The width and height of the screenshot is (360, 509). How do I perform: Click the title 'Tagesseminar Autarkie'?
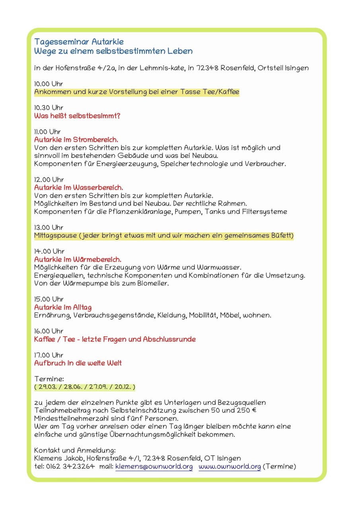pyautogui.click(x=79, y=42)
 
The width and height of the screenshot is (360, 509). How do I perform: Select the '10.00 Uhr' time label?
pyautogui.click(x=49, y=84)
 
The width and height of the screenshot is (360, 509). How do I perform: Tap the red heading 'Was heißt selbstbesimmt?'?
pyautogui.click(x=77, y=116)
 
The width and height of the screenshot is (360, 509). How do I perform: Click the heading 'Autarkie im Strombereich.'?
pyautogui.click(x=76, y=140)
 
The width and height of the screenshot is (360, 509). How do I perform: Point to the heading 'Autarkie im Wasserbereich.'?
pyautogui.click(x=78, y=187)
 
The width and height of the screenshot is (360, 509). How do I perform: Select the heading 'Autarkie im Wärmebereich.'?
pyautogui.click(x=78, y=260)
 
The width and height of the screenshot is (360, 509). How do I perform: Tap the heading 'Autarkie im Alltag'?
pyautogui.click(x=63, y=307)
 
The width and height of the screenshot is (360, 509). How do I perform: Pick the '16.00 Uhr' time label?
pyautogui.click(x=49, y=331)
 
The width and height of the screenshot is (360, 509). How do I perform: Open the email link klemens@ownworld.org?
pyautogui.click(x=154, y=466)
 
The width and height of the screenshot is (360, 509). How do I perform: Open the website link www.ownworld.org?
pyautogui.click(x=230, y=466)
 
